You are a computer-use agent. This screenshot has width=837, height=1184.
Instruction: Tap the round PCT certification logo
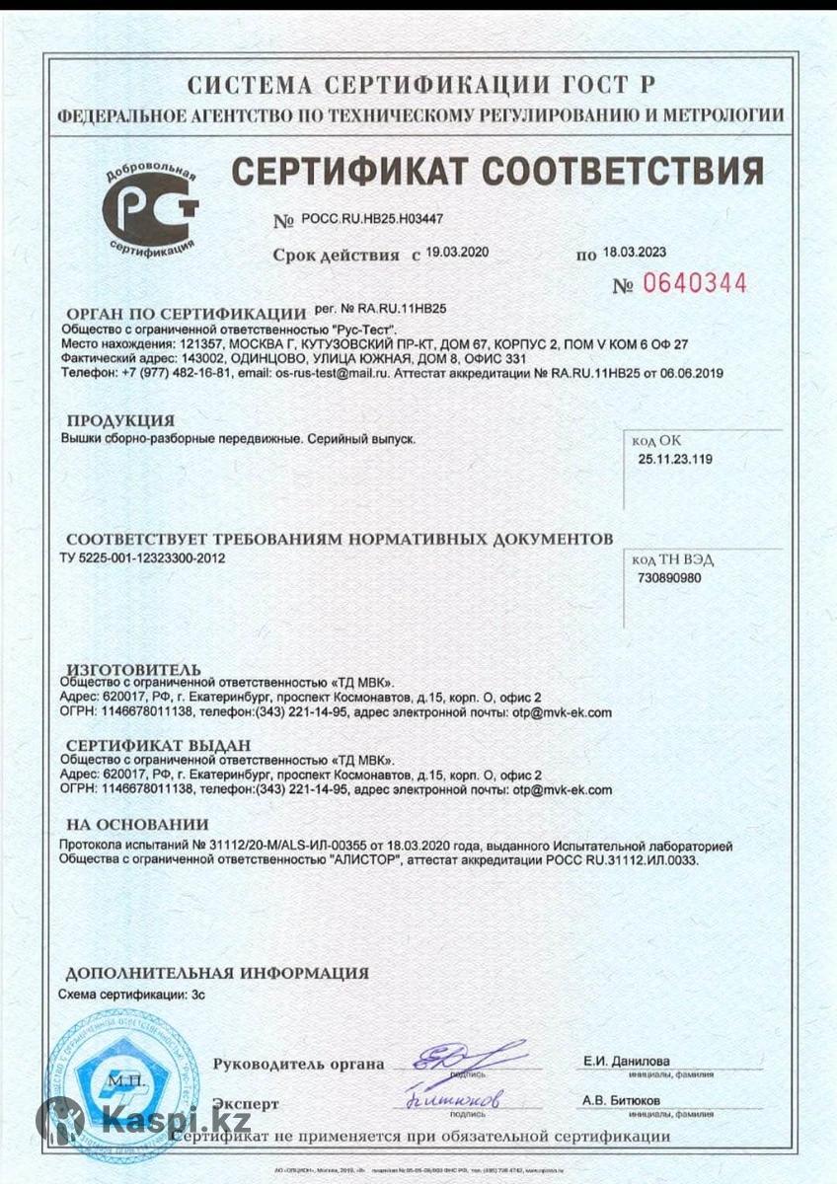point(151,209)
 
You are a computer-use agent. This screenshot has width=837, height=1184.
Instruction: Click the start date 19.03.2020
point(457,253)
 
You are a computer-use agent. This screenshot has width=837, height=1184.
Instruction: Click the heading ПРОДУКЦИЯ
point(120,421)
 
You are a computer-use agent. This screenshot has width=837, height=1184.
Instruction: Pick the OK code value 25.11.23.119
point(675,460)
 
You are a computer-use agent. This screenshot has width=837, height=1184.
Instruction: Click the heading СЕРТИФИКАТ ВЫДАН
point(158,745)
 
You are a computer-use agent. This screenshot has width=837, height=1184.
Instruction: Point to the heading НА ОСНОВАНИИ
point(137,825)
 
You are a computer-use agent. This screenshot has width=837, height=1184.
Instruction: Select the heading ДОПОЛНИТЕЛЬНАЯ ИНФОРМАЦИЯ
point(217,973)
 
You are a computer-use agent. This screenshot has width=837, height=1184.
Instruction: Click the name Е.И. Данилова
point(626,1062)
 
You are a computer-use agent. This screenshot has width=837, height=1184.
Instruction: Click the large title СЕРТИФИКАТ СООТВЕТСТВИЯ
point(496,171)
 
